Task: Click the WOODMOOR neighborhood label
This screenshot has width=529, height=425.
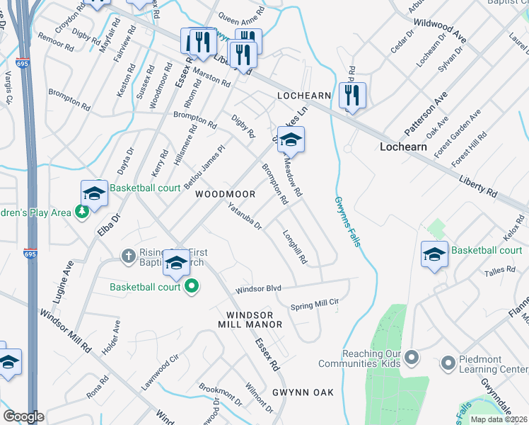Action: click(x=226, y=194)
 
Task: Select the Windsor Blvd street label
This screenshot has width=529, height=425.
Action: click(x=259, y=290)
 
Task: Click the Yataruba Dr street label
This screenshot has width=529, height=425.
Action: click(x=245, y=217)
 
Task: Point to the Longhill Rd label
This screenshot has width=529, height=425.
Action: click(x=295, y=247)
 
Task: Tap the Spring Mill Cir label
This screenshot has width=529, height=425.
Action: click(x=315, y=305)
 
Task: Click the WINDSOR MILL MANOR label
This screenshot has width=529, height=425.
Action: click(x=254, y=319)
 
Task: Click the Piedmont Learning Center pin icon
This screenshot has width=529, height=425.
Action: click(x=447, y=363)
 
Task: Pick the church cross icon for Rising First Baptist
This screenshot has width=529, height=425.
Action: click(x=128, y=254)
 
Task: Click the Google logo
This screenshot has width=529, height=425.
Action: click(x=23, y=416)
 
